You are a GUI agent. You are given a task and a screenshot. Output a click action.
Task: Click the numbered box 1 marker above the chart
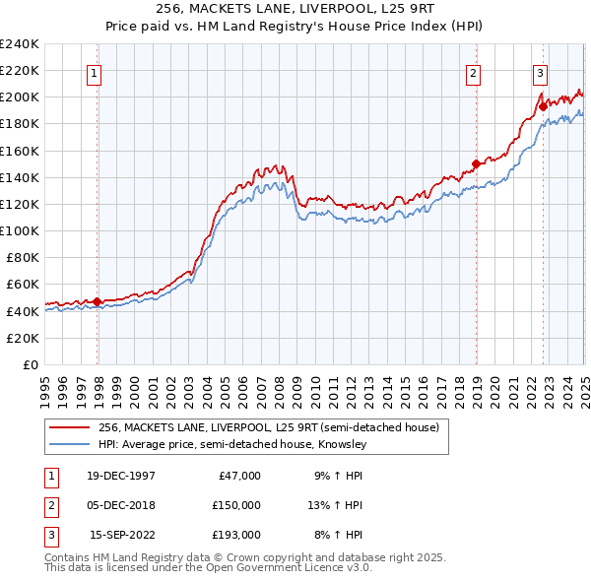[94, 71]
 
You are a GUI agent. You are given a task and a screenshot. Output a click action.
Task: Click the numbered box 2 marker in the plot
[473, 71]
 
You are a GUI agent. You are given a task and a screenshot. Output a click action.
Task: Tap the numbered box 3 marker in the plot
[541, 71]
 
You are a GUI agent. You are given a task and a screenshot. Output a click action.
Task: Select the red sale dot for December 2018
[476, 163]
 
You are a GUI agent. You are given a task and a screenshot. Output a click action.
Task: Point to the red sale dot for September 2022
[543, 106]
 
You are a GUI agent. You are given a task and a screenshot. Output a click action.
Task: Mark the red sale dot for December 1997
[98, 301]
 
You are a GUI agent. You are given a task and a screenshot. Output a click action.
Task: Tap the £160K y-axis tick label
[19, 151]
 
